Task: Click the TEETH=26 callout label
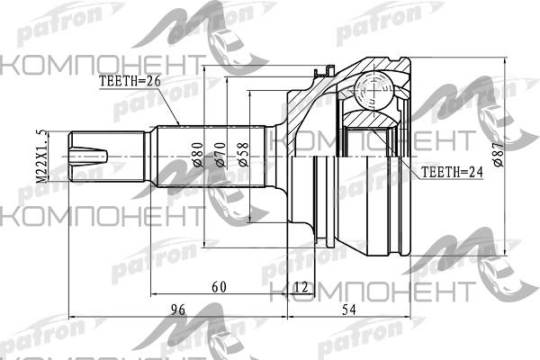(x=130, y=81)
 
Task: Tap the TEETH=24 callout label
(x=452, y=172)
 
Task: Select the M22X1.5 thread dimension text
(x=40, y=157)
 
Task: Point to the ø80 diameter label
(x=197, y=155)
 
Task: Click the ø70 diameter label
(x=220, y=155)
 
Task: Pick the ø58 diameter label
(x=243, y=155)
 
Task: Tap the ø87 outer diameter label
(x=498, y=154)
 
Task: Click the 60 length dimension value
(x=219, y=286)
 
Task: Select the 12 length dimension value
(x=301, y=286)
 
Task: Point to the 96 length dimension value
(x=178, y=310)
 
